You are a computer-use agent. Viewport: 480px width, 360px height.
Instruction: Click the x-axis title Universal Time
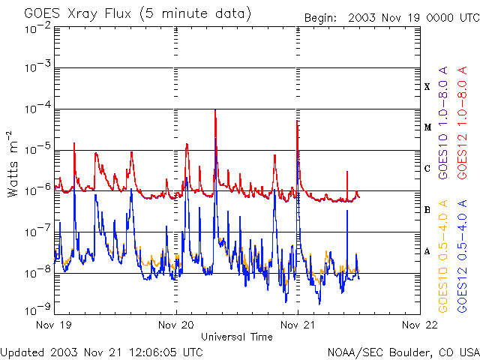236,337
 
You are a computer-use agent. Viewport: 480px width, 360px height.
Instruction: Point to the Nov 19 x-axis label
55,326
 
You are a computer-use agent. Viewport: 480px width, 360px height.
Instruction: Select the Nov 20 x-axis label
176,326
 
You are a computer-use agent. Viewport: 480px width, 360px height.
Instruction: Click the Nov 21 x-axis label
298,326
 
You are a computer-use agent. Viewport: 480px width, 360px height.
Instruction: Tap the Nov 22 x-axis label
419,326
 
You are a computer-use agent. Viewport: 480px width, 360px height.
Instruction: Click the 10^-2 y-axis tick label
35,28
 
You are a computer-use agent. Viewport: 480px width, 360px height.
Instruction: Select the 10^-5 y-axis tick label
35,149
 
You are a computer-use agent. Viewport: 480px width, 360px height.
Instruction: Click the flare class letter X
427,87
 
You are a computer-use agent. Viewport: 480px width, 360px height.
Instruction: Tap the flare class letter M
427,127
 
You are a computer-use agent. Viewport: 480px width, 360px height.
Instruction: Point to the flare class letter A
427,251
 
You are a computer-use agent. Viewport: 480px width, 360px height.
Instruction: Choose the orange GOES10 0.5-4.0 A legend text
444,255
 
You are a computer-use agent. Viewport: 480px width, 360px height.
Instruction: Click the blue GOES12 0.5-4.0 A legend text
463,255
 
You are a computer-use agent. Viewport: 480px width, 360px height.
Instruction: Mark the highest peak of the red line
215,110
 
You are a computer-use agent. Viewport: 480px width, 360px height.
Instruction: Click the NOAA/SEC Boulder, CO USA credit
403,352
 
